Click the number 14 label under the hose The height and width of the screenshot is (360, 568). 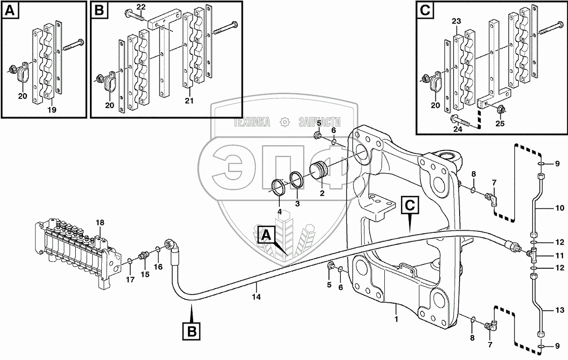coord(256,298)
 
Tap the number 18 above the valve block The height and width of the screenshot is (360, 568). coord(99,222)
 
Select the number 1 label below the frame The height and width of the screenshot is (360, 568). coord(396,319)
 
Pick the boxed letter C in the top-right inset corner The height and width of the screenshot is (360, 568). coord(425,10)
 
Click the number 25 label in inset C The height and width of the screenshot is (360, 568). coord(501,124)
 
